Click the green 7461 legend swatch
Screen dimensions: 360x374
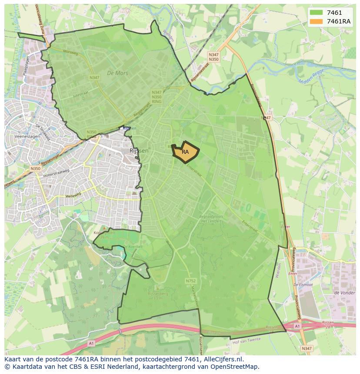pyautogui.click(x=316, y=13)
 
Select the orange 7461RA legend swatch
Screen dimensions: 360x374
pyautogui.click(x=316, y=21)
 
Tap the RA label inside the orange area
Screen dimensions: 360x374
pyautogui.click(x=185, y=152)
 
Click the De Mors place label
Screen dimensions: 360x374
pyautogui.click(x=118, y=73)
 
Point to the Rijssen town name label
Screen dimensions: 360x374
pyautogui.click(x=139, y=150)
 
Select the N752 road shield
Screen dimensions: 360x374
pyautogui.click(x=190, y=281)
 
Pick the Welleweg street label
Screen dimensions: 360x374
pyautogui.click(x=73, y=196)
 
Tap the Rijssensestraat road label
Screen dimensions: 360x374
pyautogui.click(x=200, y=73)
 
